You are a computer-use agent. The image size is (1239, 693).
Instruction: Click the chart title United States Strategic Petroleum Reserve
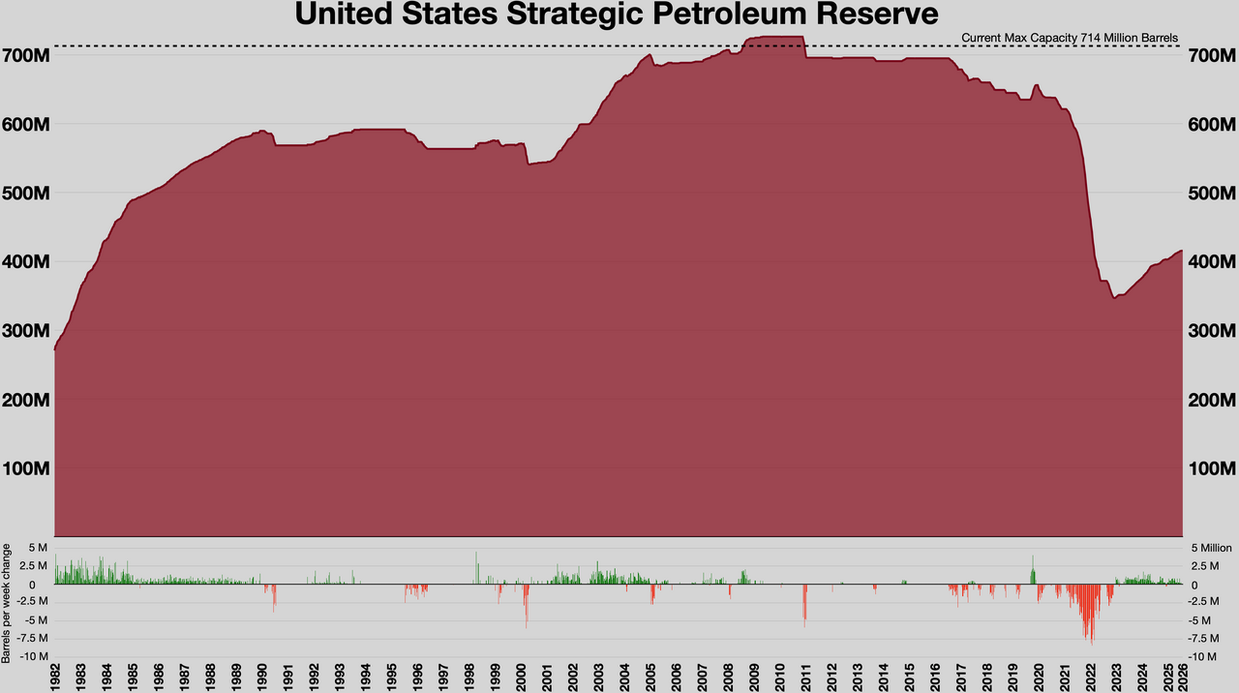617,15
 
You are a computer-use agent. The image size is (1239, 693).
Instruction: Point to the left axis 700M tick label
27,55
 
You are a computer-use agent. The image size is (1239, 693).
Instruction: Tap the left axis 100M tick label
27,468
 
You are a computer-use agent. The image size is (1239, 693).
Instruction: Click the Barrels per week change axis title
8,601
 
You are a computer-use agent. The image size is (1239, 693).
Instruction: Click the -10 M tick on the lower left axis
33,656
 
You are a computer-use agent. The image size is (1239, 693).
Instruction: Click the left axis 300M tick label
27,331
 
